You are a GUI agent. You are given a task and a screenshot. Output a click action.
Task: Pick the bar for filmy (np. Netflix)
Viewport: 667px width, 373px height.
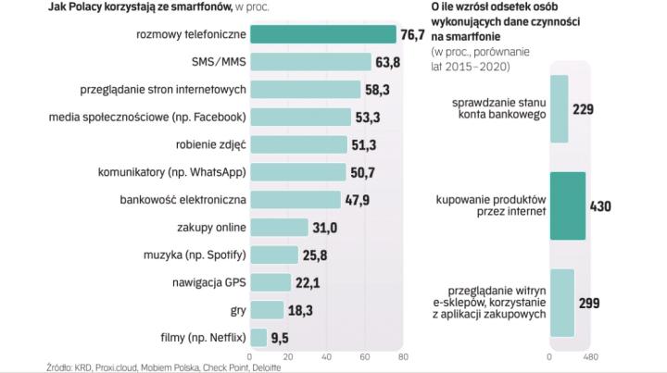tap(258, 336)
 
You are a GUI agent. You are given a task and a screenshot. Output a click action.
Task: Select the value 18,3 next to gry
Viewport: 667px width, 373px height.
tap(300, 309)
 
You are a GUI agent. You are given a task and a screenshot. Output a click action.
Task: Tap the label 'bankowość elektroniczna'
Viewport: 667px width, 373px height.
tap(183, 199)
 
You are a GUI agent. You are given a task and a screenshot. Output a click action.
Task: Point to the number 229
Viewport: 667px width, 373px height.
tap(585, 109)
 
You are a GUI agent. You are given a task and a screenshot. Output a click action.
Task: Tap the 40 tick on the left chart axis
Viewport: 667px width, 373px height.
tap(326, 356)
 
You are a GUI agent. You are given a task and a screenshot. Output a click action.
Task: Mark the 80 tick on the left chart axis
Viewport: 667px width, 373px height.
tap(402, 356)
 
